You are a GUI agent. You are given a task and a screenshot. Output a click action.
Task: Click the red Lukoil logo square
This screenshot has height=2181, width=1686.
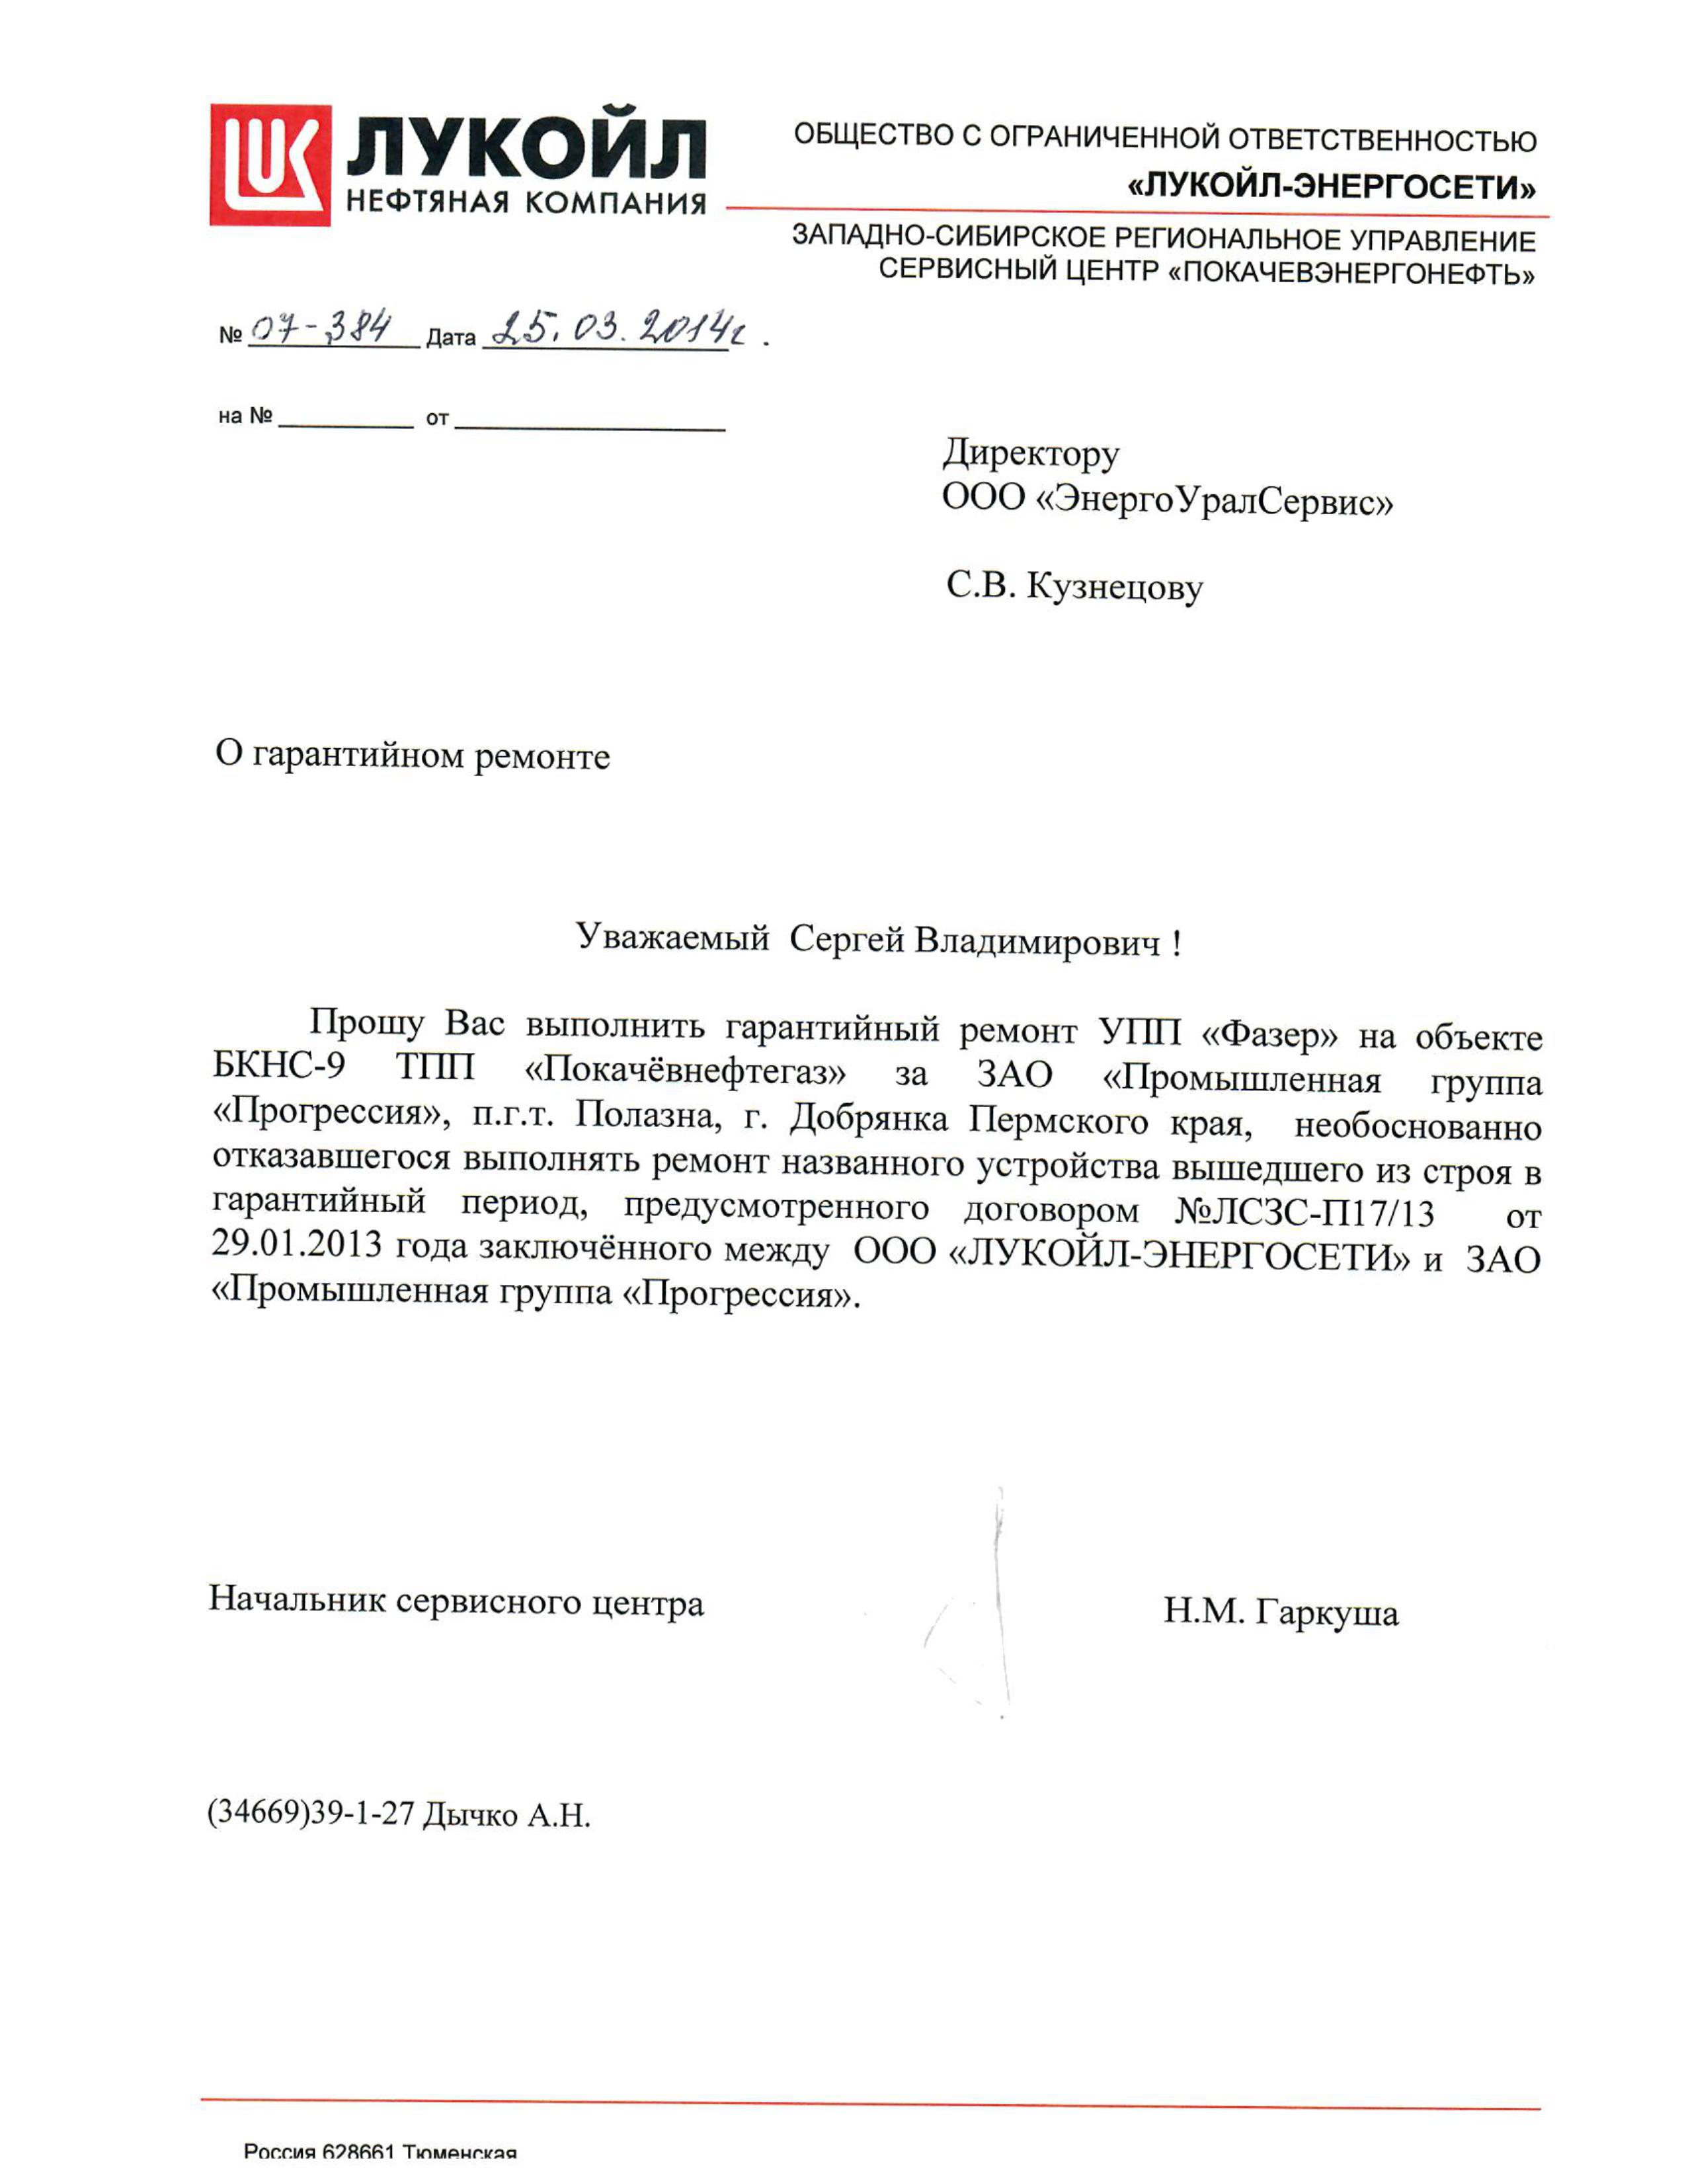point(270,165)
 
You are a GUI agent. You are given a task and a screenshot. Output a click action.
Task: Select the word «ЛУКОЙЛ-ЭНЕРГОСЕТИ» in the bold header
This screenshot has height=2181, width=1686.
point(1332,187)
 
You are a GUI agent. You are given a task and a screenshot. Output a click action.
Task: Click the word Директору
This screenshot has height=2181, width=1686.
point(1031,455)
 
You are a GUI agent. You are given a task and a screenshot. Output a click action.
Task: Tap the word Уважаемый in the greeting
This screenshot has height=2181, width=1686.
point(672,938)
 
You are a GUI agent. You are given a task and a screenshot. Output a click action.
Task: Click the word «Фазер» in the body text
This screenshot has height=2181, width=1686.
point(1269,1034)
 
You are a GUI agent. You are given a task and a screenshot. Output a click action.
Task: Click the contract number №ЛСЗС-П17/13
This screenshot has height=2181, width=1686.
point(1305,1213)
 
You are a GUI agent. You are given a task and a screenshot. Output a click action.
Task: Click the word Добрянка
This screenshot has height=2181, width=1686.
point(868,1120)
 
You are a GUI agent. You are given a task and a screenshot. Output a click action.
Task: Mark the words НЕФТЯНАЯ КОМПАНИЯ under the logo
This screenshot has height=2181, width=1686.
point(526,203)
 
